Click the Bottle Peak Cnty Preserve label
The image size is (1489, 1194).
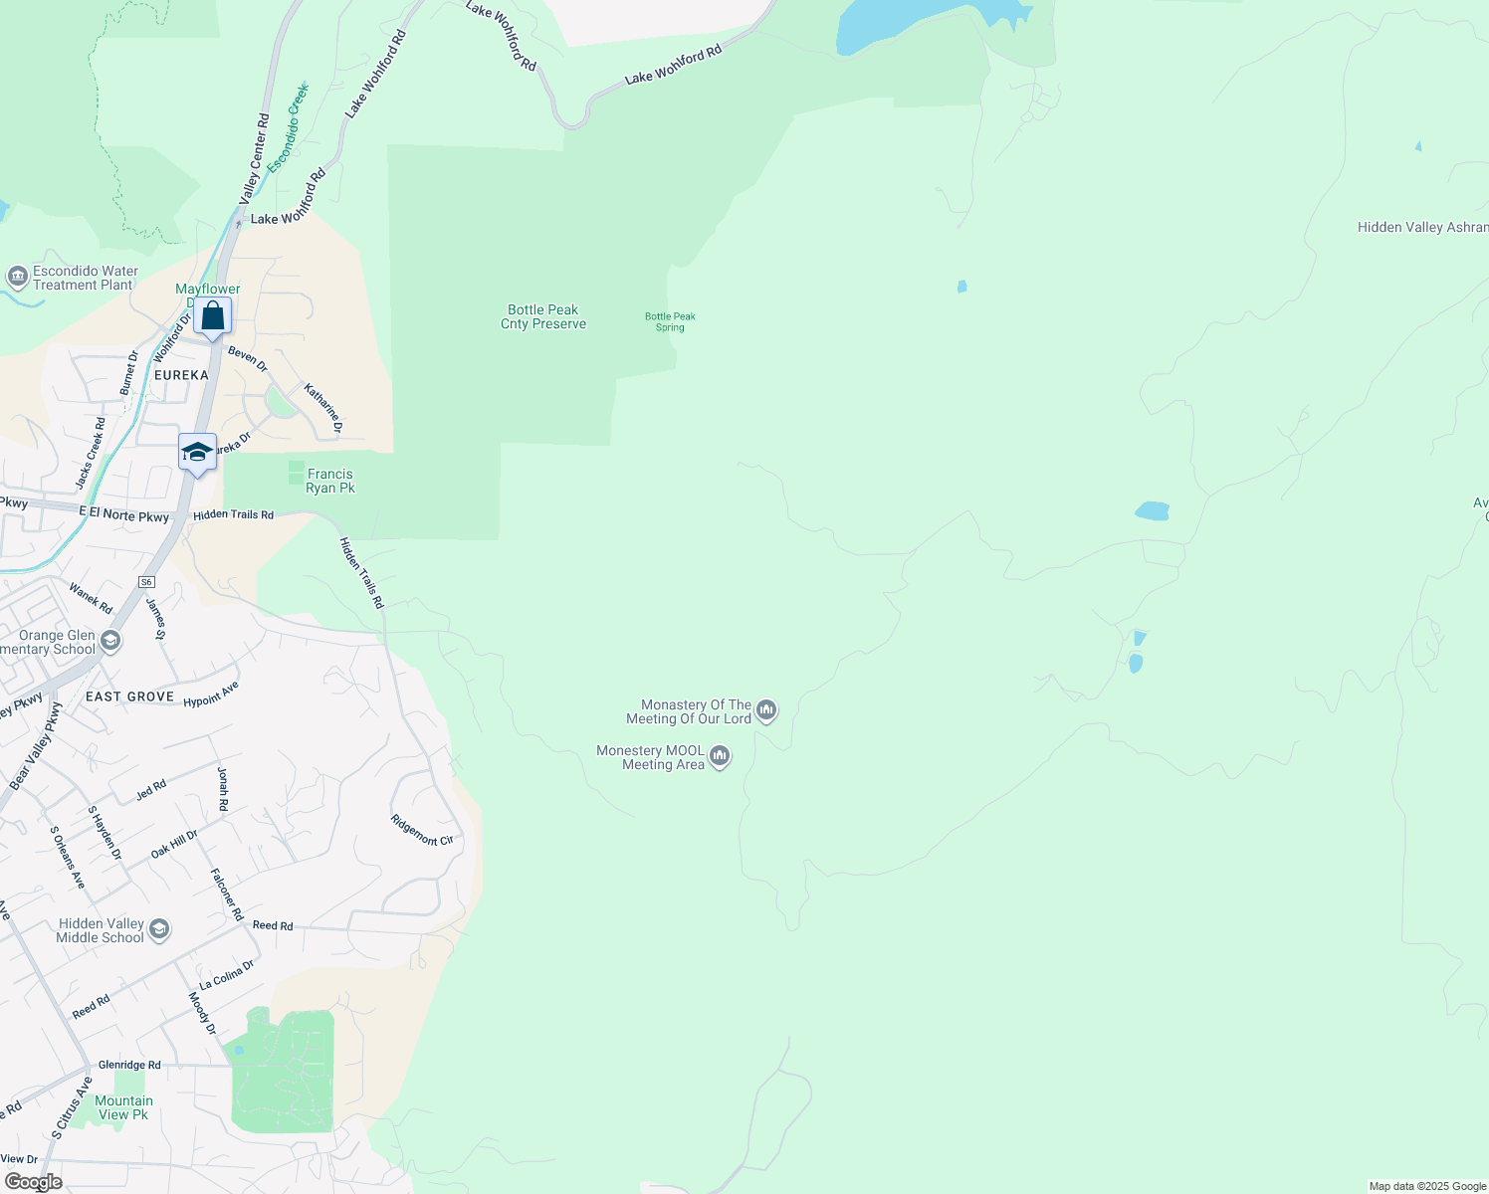click(x=543, y=317)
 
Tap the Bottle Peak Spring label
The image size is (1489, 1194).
click(x=670, y=322)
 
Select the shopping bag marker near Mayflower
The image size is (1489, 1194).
click(x=213, y=317)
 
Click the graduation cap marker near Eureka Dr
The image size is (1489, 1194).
click(x=197, y=453)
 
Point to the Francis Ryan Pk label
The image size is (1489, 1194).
click(x=330, y=482)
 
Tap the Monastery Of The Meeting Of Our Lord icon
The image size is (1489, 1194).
click(x=766, y=710)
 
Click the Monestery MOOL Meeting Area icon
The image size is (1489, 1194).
click(x=720, y=757)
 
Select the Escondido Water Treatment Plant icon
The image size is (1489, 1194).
click(x=17, y=278)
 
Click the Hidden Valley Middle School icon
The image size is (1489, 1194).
click(x=159, y=930)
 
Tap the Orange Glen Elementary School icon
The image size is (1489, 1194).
click(x=110, y=642)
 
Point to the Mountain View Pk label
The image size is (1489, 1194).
click(x=123, y=1107)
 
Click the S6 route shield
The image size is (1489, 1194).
click(x=147, y=582)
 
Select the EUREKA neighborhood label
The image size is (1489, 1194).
click(x=181, y=375)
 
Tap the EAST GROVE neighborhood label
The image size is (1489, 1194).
click(x=129, y=696)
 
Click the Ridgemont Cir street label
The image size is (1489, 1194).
click(x=422, y=831)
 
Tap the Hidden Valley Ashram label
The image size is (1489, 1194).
click(x=1421, y=228)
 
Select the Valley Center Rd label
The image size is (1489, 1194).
click(x=255, y=159)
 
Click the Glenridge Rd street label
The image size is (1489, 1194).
click(x=129, y=1065)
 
